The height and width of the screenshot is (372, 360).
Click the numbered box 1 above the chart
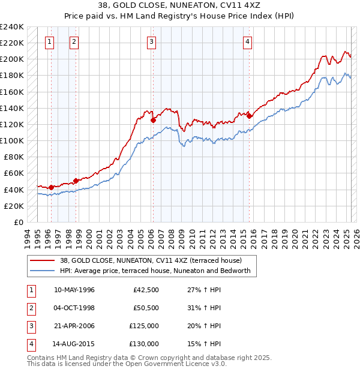49,41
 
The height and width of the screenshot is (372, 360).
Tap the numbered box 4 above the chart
247,41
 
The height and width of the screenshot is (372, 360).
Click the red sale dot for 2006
153,120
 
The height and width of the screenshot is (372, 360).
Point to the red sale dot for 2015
249,116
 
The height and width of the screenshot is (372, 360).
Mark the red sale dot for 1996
51,187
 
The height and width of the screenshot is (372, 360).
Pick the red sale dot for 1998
76,181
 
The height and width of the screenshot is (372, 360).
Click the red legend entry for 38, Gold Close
150,261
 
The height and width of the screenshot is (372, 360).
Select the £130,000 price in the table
144,344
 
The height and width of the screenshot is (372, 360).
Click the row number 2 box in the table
31,308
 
